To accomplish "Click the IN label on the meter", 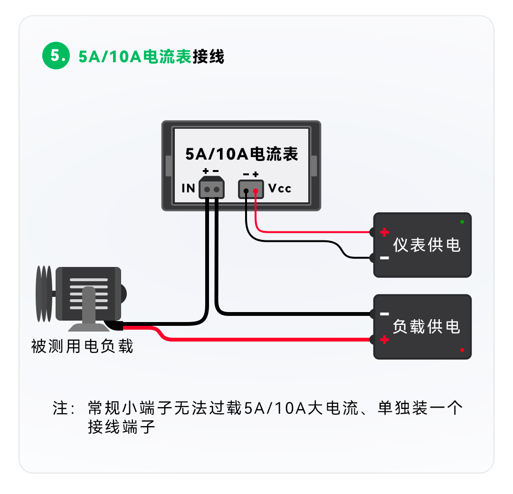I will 189,189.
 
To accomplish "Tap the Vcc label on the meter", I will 280,189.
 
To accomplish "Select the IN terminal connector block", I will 212,187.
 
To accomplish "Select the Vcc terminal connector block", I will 251,189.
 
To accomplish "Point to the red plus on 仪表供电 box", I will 385,232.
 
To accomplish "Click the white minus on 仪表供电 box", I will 385,258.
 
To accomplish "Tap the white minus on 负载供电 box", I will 385,314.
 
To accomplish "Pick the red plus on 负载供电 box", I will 385,340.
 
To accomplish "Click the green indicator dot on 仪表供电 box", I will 462,222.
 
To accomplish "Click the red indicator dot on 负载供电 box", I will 462,350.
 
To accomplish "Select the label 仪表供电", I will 427,245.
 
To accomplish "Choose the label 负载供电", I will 427,327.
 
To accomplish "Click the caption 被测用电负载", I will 82,346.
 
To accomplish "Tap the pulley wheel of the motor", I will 44,293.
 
